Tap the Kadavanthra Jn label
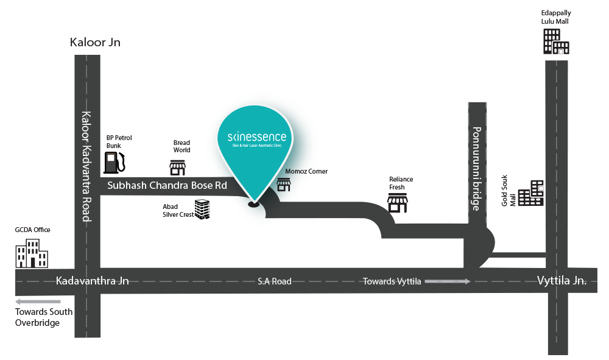click(92, 281)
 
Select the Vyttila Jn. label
click(561, 281)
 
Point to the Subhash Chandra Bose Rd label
click(167, 186)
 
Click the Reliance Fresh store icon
click(398, 204)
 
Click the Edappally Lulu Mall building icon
click(555, 41)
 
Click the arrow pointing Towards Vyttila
click(448, 281)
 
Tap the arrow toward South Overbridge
click(38, 302)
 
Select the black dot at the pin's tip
click(254, 204)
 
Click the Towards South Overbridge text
click(44, 317)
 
